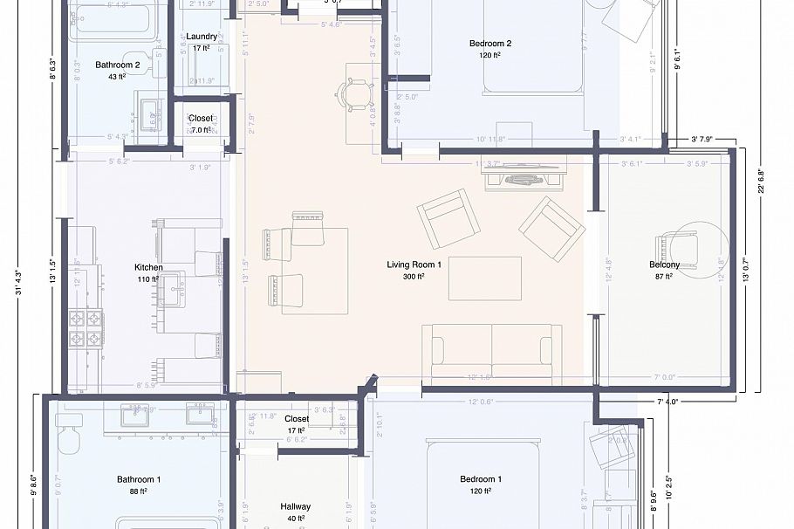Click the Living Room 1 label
tap(414, 264)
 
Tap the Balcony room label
tap(664, 264)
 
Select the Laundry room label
tap(202, 37)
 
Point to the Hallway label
tap(295, 506)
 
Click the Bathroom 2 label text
tap(118, 65)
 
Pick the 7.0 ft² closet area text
tap(201, 130)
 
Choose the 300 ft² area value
tap(414, 277)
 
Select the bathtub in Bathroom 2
tap(113, 21)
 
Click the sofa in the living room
tap(490, 349)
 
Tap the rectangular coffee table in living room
tap(484, 278)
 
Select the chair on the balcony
tap(683, 251)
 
